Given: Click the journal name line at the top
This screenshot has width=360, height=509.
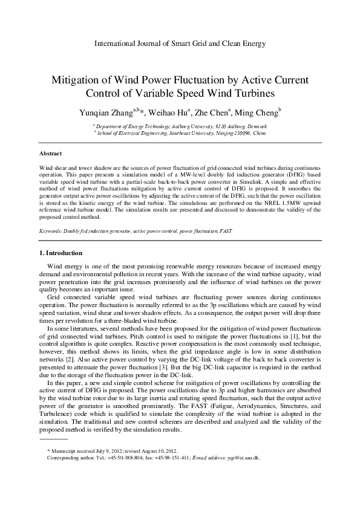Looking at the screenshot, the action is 180,44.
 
